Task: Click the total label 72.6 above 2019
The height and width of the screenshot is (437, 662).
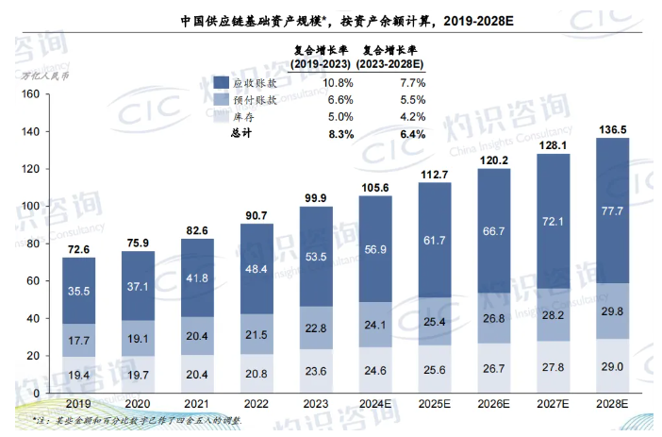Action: (x=78, y=248)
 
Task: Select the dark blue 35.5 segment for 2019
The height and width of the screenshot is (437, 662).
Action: (x=78, y=291)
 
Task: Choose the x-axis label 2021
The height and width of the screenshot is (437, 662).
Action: (x=197, y=403)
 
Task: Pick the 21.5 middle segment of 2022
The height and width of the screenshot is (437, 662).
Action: (x=256, y=335)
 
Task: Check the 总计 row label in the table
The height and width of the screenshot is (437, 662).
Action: (x=243, y=134)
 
